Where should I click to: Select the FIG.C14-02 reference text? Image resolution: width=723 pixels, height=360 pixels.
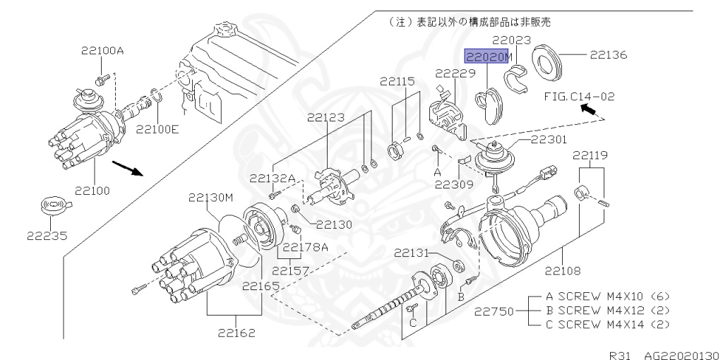(x=578, y=93)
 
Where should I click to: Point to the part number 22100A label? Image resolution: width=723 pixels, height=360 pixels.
(x=102, y=50)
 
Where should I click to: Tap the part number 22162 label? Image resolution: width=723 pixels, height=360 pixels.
(x=234, y=332)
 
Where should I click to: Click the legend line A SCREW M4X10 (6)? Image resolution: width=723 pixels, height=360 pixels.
(x=605, y=296)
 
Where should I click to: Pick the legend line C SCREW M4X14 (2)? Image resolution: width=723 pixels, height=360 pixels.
(x=605, y=325)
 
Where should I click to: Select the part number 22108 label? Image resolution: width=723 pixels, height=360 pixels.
(x=563, y=269)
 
